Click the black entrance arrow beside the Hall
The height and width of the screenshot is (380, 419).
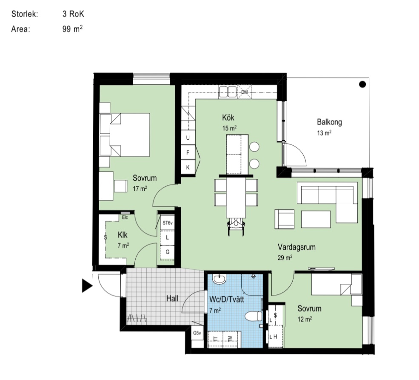pos(87,286)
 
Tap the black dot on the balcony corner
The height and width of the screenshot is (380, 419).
pos(362,84)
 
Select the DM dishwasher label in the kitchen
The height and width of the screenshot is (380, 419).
pos(244,92)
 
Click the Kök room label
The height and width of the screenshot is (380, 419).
pos(228,118)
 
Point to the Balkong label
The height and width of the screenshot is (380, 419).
pos(329,122)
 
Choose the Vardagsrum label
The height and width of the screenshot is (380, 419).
pos(296,247)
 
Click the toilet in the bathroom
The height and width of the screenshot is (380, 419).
pos(254,316)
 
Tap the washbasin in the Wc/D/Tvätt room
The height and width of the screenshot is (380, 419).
pos(219,279)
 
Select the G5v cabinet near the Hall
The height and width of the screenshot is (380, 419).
pos(197,333)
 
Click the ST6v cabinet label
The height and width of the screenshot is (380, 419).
pos(168,223)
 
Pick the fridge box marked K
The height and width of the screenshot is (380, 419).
pos(188,167)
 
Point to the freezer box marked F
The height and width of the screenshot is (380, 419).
pos(188,153)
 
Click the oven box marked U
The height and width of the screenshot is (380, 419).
pos(188,138)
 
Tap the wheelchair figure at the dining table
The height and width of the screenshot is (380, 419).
pos(236,226)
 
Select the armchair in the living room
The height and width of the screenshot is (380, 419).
pos(285,219)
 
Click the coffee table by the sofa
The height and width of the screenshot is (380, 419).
pos(316,219)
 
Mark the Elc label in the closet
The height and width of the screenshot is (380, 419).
pos(125,217)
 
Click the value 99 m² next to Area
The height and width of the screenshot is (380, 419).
pos(72,29)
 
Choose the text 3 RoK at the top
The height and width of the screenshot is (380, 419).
pos(73,14)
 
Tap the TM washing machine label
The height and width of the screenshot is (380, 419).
pos(230,339)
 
